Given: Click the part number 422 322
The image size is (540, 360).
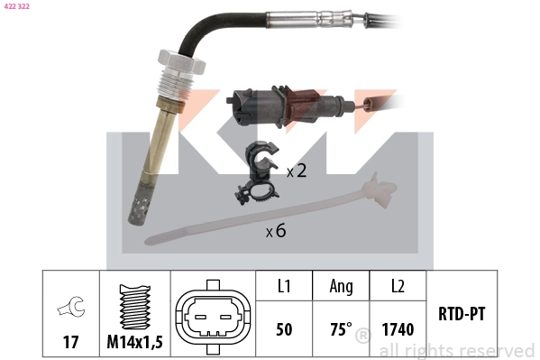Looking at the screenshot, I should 15,6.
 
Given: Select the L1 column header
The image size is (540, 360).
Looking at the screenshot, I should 284,286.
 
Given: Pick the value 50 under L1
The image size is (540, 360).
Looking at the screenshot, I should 284,329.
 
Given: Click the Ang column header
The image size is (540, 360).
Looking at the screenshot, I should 341,286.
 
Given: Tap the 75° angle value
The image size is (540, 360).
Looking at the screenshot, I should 341,329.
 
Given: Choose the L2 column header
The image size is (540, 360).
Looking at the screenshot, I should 398,286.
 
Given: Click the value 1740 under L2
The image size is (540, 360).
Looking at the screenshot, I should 398,329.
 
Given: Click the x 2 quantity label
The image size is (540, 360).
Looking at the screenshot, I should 297,171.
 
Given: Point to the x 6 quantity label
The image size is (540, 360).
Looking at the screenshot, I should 276,231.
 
